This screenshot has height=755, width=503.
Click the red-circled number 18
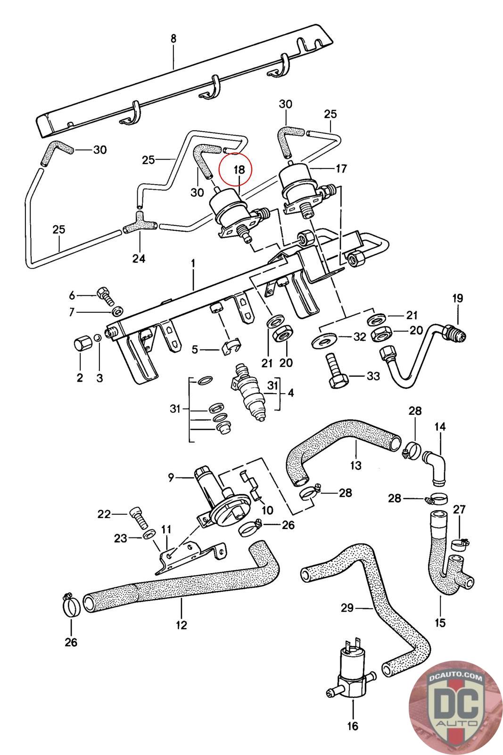(x=239, y=169)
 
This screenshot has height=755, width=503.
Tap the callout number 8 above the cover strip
(x=173, y=38)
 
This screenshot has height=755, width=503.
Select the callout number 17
(x=341, y=168)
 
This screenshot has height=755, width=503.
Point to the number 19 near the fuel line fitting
(x=458, y=298)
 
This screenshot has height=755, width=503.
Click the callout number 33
(x=373, y=376)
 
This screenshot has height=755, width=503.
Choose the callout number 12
(x=181, y=625)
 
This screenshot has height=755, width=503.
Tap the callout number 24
(x=139, y=259)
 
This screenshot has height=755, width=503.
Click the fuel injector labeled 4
(x=248, y=392)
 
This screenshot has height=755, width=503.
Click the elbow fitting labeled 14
(x=434, y=467)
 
